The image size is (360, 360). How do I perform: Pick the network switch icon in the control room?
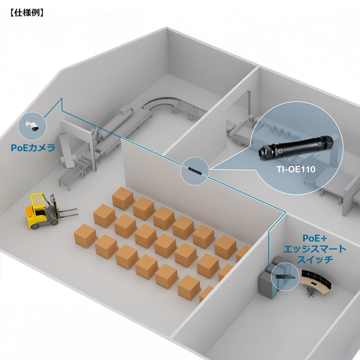[283, 277]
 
